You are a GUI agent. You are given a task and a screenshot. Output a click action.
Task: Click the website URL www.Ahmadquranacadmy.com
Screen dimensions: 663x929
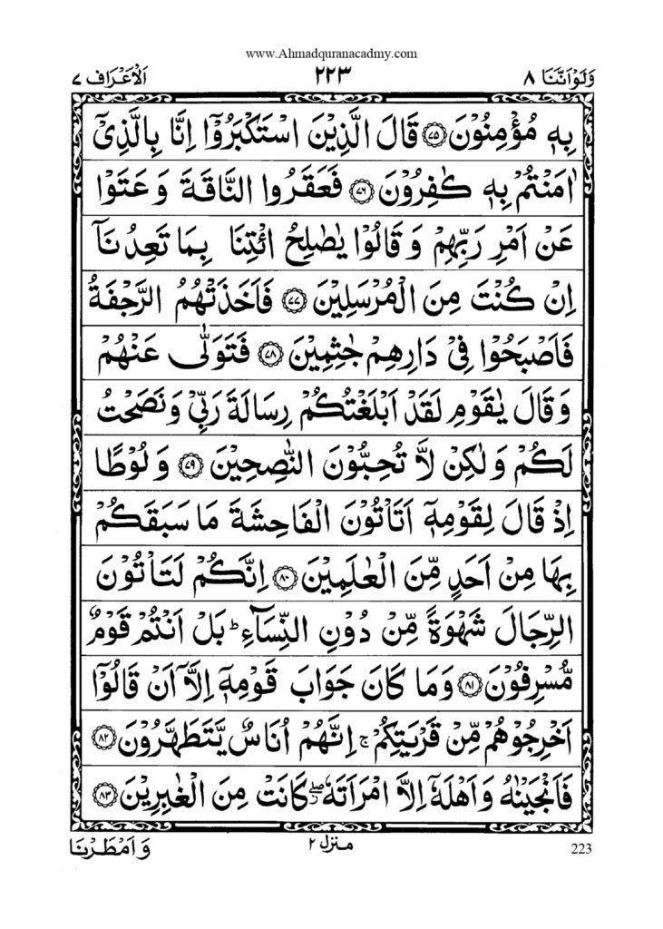click(x=331, y=54)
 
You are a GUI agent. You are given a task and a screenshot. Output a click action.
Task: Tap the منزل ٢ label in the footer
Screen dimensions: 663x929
click(x=331, y=846)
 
